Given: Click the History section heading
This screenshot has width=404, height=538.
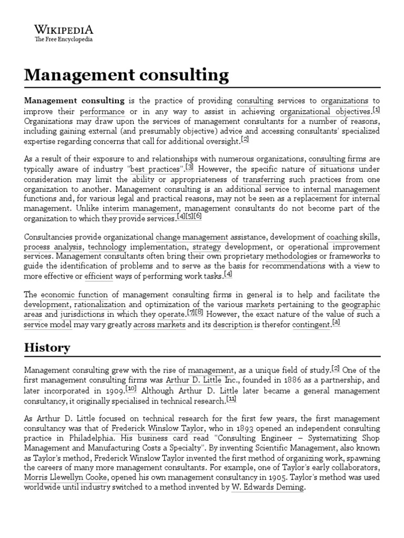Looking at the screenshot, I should [47, 348].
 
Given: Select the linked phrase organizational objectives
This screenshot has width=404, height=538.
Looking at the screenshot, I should [325, 111].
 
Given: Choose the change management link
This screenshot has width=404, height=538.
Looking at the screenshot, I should [192, 237].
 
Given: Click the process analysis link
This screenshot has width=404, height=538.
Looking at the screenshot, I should [53, 247].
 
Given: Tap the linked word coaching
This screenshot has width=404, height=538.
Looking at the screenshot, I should [342, 237].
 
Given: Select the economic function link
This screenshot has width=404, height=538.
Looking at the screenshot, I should [74, 295].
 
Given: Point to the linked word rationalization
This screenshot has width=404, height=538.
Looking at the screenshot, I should [100, 305].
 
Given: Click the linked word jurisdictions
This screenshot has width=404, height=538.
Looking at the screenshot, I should [83, 315].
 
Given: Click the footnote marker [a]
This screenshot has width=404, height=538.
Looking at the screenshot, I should [337, 323].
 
